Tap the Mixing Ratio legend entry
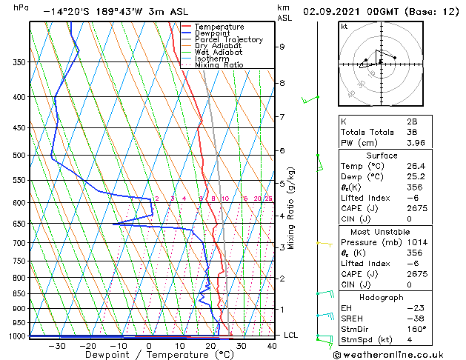tap(219, 65)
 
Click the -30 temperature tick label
tap(56, 346)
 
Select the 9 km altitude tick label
tap(282, 47)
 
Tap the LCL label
tap(290, 336)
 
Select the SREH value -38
tap(417, 318)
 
